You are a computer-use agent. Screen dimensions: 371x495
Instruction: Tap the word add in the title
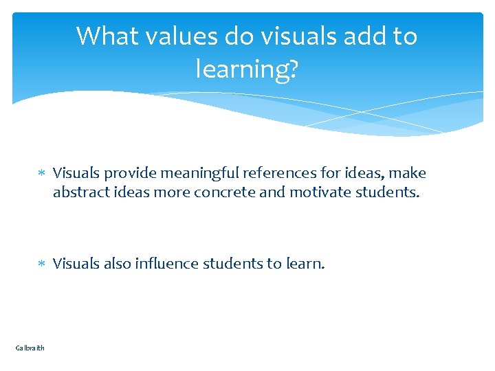pyautogui.click(x=361, y=36)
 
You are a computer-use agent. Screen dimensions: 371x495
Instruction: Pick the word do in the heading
pyautogui.click(x=240, y=36)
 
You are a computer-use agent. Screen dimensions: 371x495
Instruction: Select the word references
pyautogui.click(x=279, y=173)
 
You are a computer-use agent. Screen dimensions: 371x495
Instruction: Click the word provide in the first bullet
pyautogui.click(x=128, y=174)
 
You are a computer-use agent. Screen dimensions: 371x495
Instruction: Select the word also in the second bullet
pyautogui.click(x=118, y=263)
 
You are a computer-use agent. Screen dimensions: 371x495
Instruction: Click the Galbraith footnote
pyautogui.click(x=30, y=348)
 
